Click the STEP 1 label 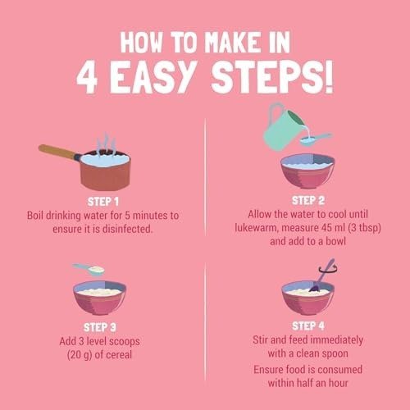pyautogui.click(x=103, y=202)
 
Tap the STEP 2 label pyautogui.click(x=308, y=200)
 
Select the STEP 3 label pyautogui.click(x=100, y=327)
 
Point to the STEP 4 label pyautogui.click(x=308, y=326)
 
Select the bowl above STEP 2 pyautogui.click(x=307, y=171)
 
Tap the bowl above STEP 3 pyautogui.click(x=100, y=298)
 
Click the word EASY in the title pyautogui.click(x=153, y=77)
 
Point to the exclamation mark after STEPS pyautogui.click(x=329, y=77)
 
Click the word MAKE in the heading pyautogui.click(x=232, y=43)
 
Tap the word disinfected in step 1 pyautogui.click(x=127, y=229)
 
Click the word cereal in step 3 pyautogui.click(x=119, y=355)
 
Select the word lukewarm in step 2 pyautogui.click(x=256, y=228)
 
